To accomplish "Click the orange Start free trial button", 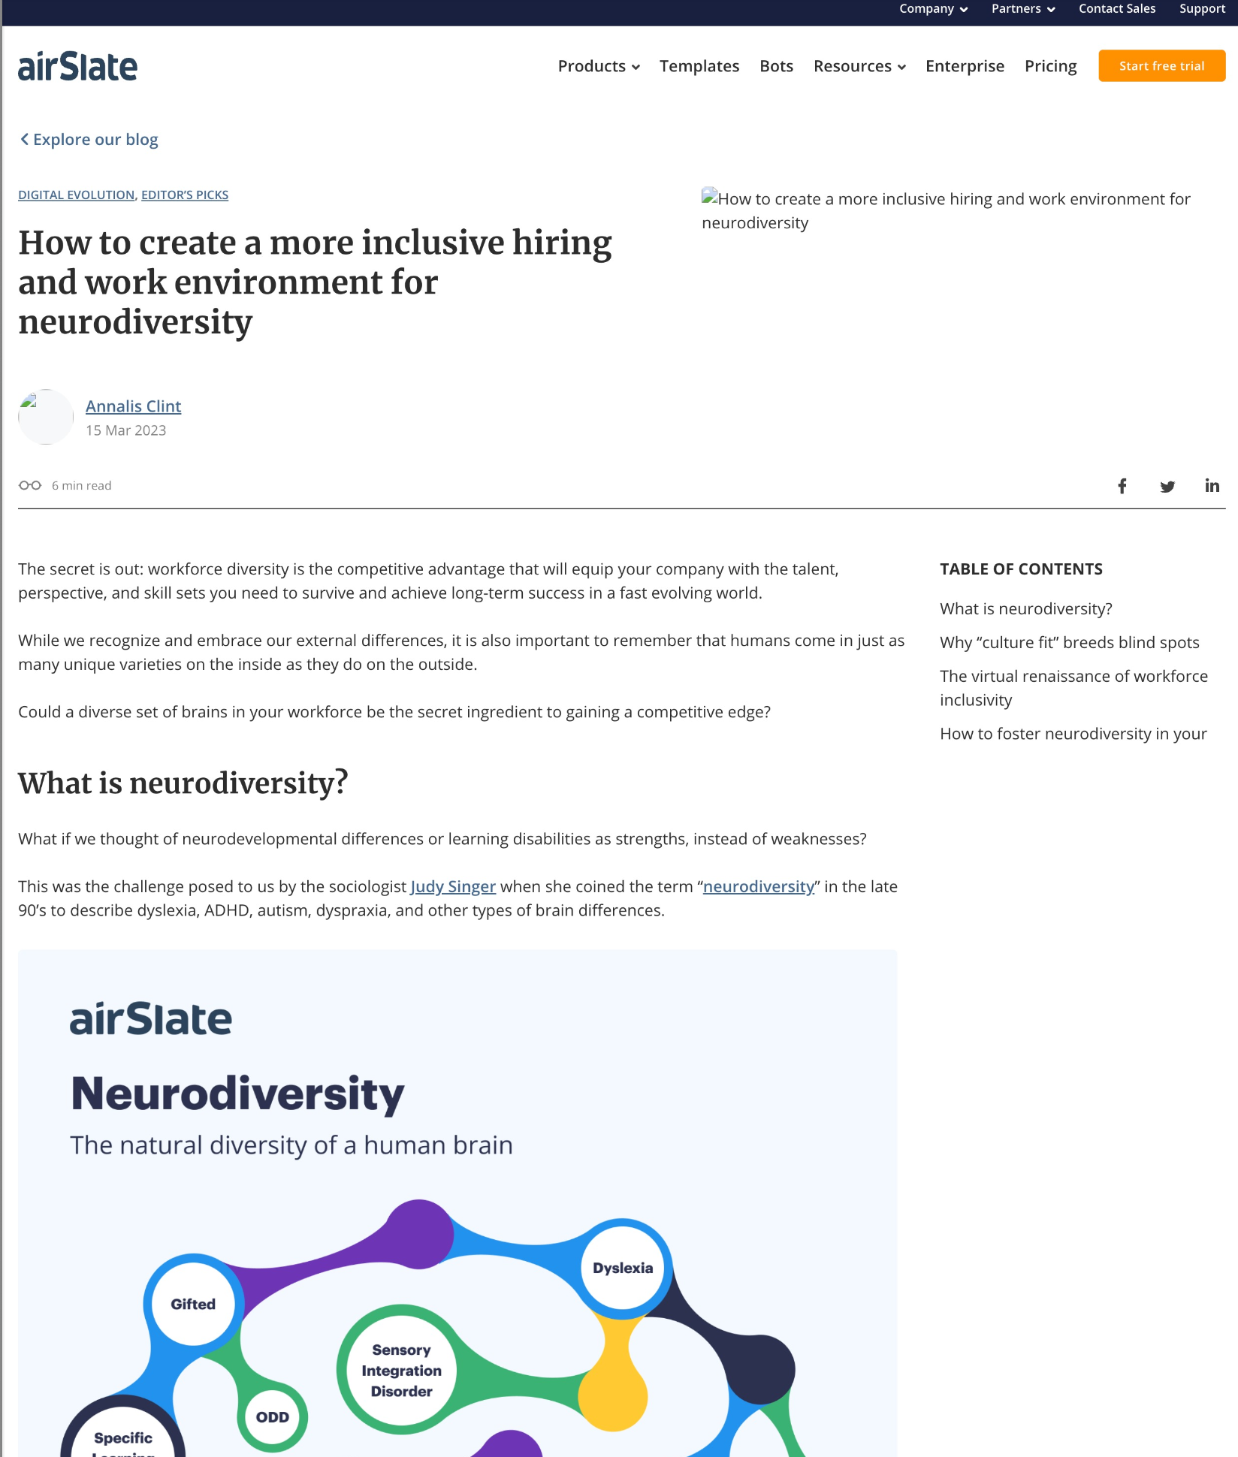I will [1161, 66].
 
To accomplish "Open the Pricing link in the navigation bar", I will [1050, 66].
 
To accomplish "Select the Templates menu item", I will [699, 66].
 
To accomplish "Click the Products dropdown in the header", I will [599, 66].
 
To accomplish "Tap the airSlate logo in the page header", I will [78, 67].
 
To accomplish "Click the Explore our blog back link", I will [89, 140].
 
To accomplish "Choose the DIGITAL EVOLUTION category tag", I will [76, 195].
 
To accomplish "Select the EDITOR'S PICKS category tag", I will [185, 195].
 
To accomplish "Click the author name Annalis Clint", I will [133, 406].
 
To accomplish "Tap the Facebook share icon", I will [1122, 486].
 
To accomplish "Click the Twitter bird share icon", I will [1167, 486].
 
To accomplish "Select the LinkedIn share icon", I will [1212, 486].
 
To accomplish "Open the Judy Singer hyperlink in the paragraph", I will [453, 887].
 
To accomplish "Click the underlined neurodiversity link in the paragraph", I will [759, 887].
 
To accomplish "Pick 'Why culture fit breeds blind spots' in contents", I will [1069, 643].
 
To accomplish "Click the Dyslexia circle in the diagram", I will [623, 1268].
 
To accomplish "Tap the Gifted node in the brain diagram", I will [193, 1305].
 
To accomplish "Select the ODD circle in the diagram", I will [273, 1417].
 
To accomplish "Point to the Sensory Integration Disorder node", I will [402, 1371].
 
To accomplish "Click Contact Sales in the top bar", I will [1117, 9].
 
